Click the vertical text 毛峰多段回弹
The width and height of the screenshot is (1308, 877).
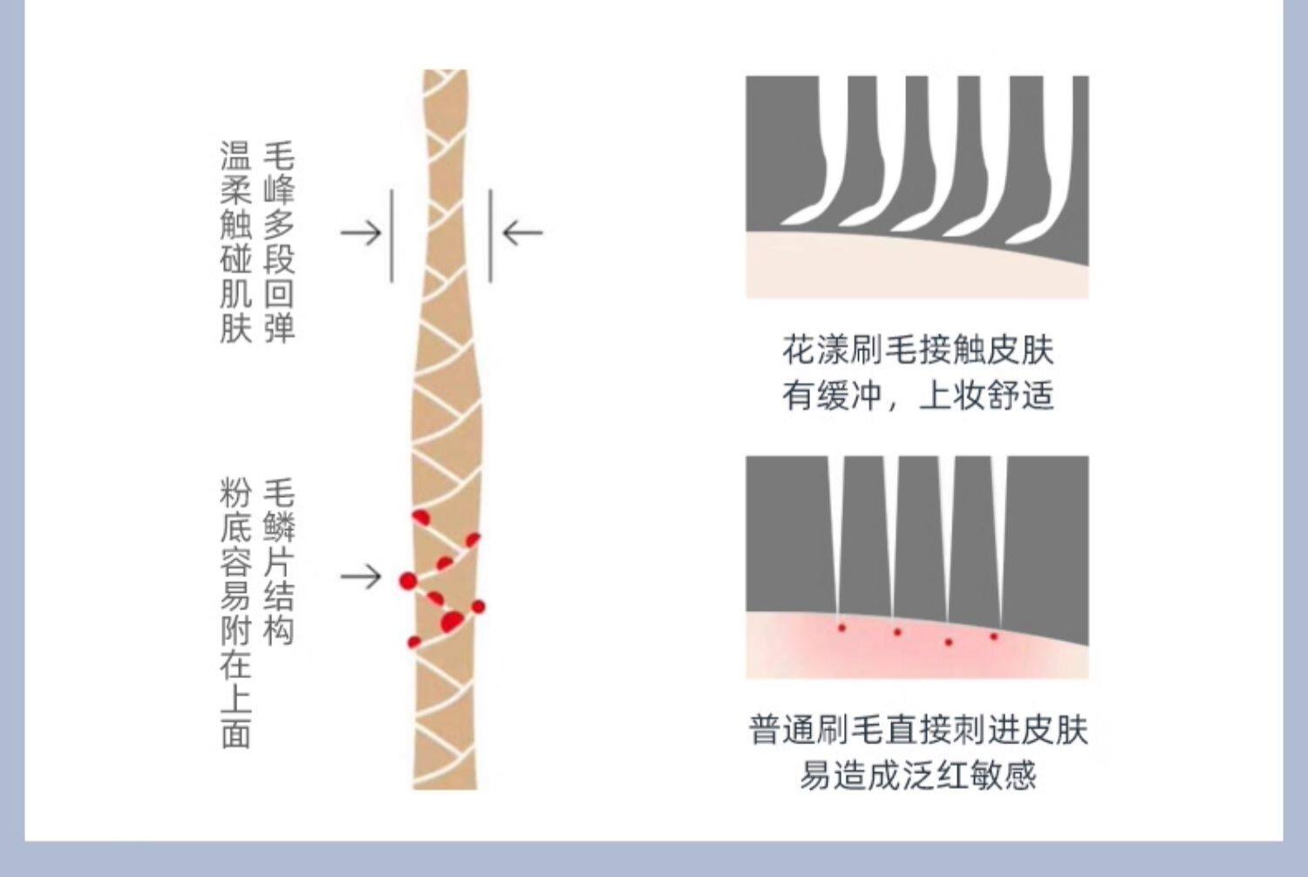[x=279, y=241]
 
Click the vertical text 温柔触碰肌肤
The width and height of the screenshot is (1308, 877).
[x=235, y=241]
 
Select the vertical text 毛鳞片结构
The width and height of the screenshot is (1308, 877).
[x=279, y=562]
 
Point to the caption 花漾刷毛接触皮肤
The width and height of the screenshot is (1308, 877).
[x=917, y=350]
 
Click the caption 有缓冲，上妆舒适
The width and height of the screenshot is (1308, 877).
[x=917, y=396]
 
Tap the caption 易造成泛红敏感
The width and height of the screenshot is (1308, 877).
[x=917, y=775]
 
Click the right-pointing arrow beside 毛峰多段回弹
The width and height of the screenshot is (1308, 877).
[x=360, y=233]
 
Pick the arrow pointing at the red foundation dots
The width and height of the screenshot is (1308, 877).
[x=360, y=576]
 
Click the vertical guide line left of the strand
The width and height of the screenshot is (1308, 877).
[x=392, y=235]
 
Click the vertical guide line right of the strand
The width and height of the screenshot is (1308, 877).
[x=490, y=235]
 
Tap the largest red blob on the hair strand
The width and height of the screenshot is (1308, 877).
[x=451, y=622]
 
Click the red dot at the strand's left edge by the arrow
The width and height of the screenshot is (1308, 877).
[x=407, y=581]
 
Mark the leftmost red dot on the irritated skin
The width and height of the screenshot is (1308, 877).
[x=841, y=628]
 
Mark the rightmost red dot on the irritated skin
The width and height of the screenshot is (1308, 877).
[x=993, y=636]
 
